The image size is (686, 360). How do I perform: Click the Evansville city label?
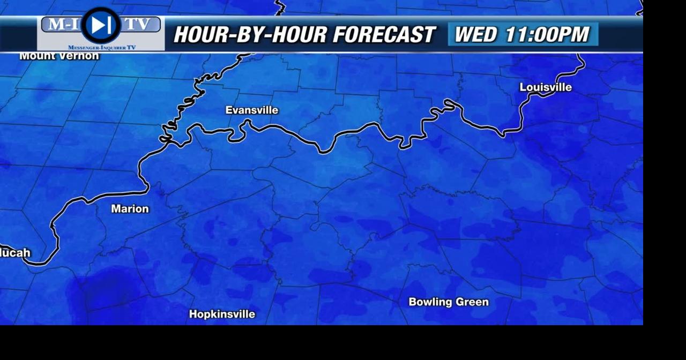point(251,110)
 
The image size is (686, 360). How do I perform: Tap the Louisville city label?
point(546,87)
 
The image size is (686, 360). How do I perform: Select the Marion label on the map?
point(130,209)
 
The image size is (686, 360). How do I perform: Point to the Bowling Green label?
point(449,302)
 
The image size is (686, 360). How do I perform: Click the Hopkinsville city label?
point(222,314)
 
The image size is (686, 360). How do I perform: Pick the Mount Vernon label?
point(59,56)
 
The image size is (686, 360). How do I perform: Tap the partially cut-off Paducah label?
point(15,253)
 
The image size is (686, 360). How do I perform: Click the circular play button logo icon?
point(101,25)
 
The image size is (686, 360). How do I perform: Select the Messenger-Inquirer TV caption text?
point(102,48)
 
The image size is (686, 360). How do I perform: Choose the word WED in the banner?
point(475,35)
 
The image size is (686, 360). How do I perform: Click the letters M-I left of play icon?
point(62,24)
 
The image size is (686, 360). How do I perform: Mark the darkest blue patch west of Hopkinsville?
point(110,287)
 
